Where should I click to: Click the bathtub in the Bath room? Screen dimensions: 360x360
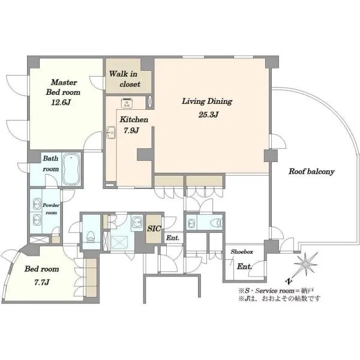(71, 169)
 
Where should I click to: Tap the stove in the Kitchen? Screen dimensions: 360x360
(127, 103)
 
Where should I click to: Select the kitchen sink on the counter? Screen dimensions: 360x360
(111, 133)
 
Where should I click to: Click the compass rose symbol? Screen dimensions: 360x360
(305, 265)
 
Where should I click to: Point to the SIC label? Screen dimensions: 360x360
(154, 229)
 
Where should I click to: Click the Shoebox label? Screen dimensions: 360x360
(242, 251)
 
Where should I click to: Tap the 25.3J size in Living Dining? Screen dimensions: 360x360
(208, 115)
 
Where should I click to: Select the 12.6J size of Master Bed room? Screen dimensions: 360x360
(61, 103)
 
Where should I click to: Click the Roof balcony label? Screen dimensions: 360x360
(311, 172)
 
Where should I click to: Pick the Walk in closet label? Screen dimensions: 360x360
(124, 79)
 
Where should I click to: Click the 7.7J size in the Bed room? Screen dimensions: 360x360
(41, 282)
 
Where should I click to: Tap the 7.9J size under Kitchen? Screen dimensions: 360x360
(131, 131)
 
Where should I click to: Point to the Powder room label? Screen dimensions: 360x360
(51, 209)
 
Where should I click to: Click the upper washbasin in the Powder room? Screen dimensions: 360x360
(37, 204)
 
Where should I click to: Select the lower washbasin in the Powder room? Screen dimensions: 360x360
(37, 220)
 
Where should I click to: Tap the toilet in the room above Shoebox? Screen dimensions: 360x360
(217, 223)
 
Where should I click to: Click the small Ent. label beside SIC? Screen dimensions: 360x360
(172, 238)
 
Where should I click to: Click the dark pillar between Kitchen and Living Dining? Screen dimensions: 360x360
(145, 155)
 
